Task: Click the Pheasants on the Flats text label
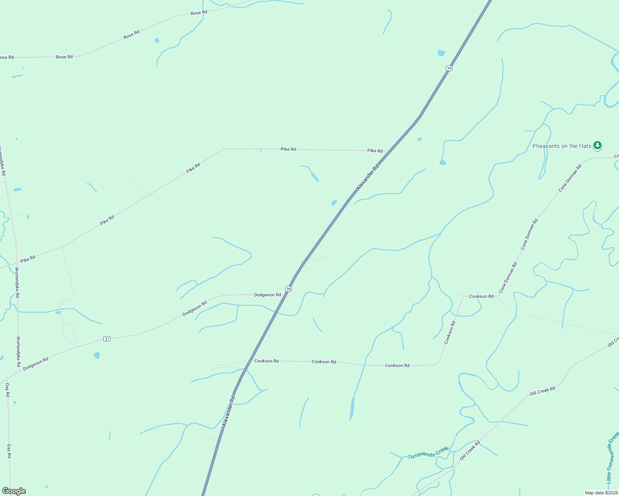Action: (561, 146)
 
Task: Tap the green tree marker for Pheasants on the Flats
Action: (597, 145)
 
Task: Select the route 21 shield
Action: (107, 339)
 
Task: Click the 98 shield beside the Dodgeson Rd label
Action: (289, 289)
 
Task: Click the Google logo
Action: (14, 491)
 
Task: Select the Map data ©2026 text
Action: (601, 493)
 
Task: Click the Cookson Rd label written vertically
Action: (450, 332)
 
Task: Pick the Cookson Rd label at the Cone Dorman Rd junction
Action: (481, 296)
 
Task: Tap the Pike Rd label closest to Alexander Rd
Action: (375, 151)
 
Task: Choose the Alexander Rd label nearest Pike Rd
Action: (367, 178)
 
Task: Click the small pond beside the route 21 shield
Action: (97, 355)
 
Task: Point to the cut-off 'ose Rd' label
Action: (7, 57)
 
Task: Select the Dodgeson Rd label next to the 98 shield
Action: (267, 295)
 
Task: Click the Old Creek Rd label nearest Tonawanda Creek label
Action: (470, 451)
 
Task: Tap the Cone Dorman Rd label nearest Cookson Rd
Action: (508, 278)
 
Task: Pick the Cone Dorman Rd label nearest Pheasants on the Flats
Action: (570, 178)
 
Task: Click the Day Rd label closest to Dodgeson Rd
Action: (7, 390)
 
